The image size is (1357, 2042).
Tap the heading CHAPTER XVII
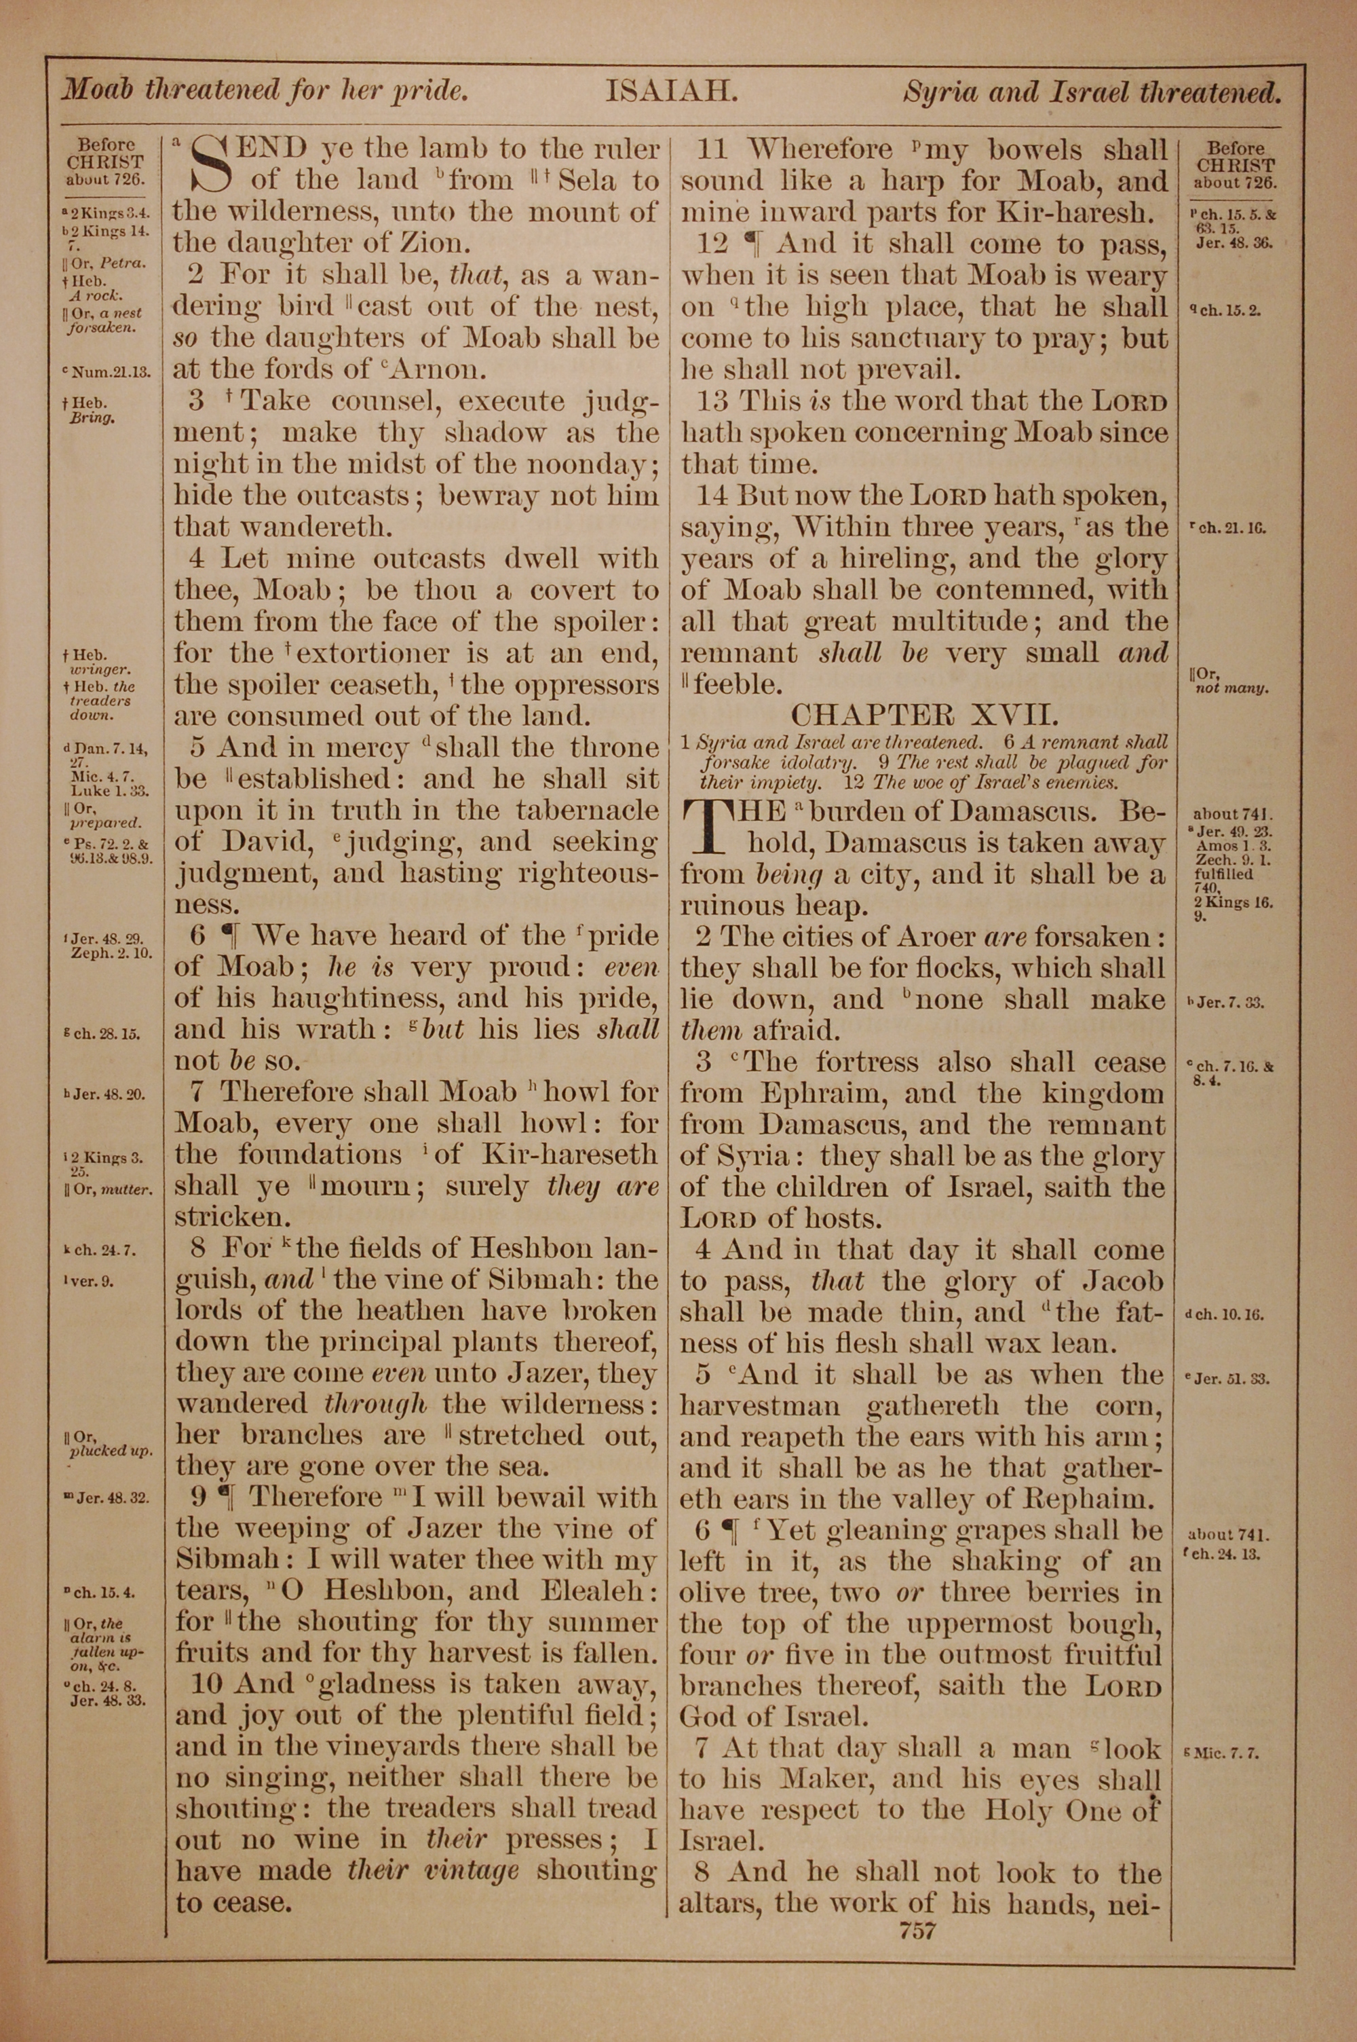[923, 714]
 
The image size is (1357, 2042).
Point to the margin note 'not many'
[1231, 689]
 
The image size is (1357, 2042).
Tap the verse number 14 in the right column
[713, 496]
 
